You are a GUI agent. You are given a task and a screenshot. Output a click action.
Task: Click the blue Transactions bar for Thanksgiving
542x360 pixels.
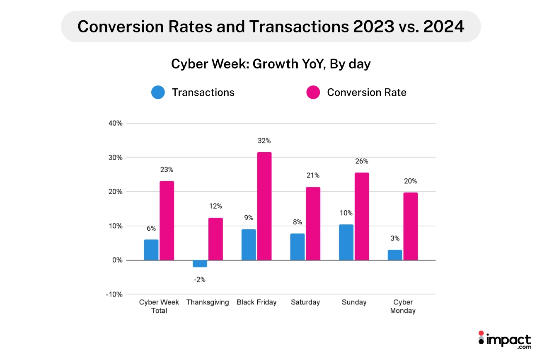click(200, 264)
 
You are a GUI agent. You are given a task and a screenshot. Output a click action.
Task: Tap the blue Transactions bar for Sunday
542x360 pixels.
click(346, 242)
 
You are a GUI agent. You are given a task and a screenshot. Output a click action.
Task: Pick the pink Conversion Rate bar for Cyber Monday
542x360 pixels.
click(410, 226)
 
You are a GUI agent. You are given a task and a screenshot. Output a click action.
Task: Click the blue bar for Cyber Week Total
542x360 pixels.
click(151, 250)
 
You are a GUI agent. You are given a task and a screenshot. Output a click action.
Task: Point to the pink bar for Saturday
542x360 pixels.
click(313, 224)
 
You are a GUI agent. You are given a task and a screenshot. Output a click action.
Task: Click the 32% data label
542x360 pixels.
click(264, 141)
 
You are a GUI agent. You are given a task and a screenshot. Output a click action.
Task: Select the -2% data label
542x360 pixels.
click(200, 280)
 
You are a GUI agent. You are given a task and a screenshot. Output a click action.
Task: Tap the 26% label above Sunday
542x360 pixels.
click(361, 161)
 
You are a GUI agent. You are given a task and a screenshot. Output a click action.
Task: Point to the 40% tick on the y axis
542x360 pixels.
click(116, 123)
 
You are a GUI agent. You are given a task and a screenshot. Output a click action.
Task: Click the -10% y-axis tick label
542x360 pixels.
click(114, 294)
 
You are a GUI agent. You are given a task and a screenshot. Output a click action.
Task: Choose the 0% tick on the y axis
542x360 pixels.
click(117, 260)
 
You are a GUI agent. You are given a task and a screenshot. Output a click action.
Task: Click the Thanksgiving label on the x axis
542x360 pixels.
click(208, 302)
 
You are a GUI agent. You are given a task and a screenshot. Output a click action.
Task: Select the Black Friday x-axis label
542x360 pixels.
click(256, 302)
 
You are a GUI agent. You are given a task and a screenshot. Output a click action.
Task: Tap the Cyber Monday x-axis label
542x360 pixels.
click(403, 306)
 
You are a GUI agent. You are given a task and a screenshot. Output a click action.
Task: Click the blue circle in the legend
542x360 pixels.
click(158, 92)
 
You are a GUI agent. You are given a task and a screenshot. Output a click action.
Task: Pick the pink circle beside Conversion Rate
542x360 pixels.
click(313, 92)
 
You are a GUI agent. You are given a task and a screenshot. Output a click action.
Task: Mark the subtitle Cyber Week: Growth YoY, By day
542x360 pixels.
click(271, 64)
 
